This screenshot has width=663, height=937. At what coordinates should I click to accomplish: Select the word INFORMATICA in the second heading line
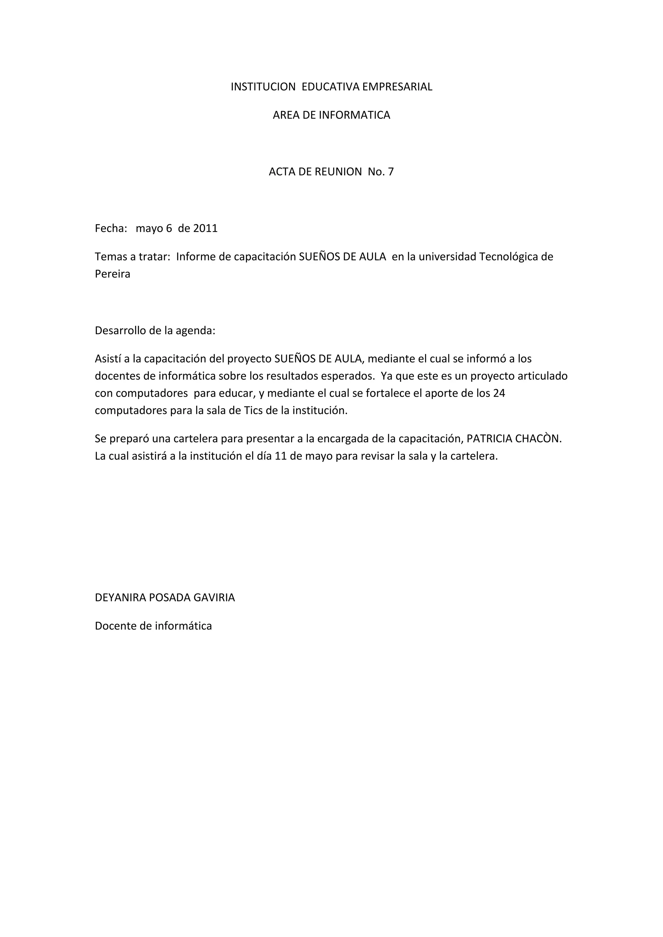[354, 116]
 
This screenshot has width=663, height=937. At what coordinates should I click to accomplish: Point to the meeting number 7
[391, 172]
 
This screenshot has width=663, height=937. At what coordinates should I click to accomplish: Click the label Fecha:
[111, 228]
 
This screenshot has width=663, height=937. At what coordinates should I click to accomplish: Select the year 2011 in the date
[205, 228]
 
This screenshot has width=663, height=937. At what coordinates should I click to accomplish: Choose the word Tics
[253, 411]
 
